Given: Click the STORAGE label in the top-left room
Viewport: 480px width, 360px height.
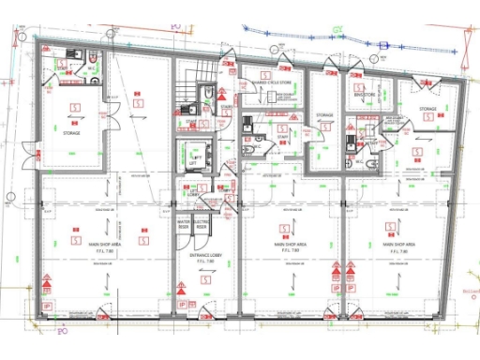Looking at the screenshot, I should pos(72,133).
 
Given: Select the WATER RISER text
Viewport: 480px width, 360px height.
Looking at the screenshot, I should pos(184,224).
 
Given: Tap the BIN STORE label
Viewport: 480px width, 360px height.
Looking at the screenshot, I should pos(366,95).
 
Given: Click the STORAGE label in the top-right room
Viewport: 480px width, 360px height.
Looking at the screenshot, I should pos(427,110).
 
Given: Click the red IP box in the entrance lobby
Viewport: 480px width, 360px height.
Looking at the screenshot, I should pos(182,307).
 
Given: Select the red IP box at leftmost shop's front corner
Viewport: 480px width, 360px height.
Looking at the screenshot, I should pos(48,307).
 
